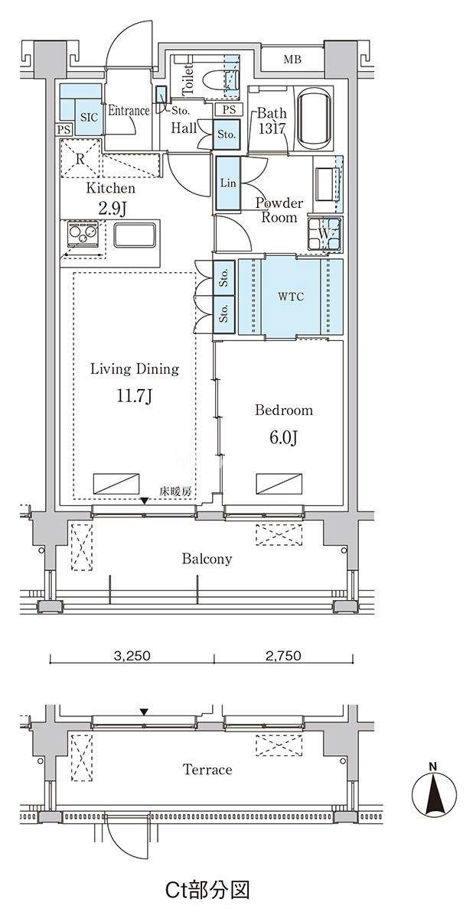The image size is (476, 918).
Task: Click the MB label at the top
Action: pos(292,60)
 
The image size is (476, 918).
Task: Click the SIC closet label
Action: pos(89,117)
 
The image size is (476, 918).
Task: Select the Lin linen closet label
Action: pos(228,183)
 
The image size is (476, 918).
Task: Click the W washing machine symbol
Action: pos(325,234)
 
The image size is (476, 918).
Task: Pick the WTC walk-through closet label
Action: pos(291,297)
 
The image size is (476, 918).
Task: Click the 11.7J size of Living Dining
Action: pos(135,396)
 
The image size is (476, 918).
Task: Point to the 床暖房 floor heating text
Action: pos(176,491)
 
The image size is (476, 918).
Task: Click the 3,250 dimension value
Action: pos(132,655)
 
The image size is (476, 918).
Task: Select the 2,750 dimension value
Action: pos(283,655)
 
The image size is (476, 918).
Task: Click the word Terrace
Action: pos(207,769)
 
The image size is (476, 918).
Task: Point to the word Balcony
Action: pos(207,559)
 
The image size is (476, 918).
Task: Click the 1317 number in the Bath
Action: pos(272,128)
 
